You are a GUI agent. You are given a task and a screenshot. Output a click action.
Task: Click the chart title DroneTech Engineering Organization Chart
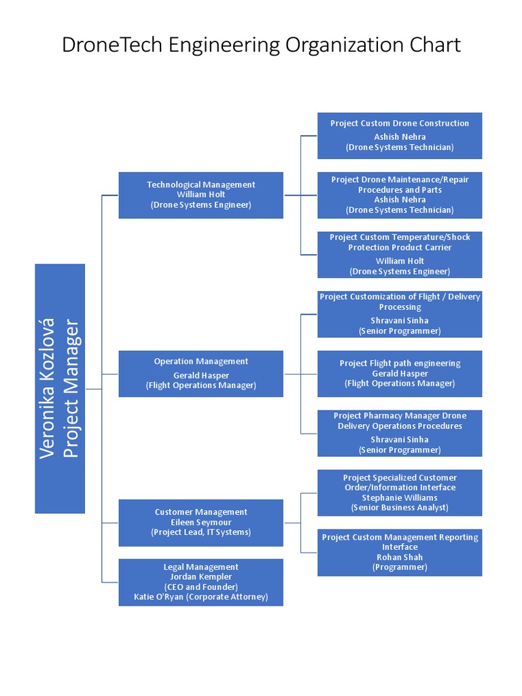coord(261,45)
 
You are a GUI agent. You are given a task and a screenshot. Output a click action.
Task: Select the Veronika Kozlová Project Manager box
coord(60,388)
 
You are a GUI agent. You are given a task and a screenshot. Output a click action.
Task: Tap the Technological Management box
coord(201,195)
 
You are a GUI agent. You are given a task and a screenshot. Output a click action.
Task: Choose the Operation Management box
coord(201,373)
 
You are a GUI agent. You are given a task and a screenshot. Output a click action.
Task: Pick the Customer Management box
coord(201,522)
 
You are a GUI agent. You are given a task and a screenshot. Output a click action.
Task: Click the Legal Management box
coord(201,582)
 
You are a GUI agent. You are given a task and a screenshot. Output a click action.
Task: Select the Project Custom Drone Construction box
coord(400,135)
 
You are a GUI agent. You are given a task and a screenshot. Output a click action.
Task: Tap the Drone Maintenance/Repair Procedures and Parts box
coord(400,195)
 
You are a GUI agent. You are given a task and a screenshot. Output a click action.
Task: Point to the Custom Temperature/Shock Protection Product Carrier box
coord(400,254)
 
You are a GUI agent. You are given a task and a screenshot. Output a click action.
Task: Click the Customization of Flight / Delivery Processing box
coord(400,314)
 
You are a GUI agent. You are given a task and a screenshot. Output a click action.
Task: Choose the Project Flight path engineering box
coord(400,373)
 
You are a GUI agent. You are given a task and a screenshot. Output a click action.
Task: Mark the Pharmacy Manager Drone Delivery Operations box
coord(400,433)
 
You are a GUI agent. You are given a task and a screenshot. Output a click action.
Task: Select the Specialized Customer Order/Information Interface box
coord(400,492)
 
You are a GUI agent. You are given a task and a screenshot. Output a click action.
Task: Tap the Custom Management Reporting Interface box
coord(400,552)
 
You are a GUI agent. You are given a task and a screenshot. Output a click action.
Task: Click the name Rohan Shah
coord(400,557)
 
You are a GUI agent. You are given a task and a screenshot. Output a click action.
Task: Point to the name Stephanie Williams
coord(400,498)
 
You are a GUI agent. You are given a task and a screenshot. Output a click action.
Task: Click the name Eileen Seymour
coord(201,522)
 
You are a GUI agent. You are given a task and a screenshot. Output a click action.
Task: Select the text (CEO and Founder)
coord(201,587)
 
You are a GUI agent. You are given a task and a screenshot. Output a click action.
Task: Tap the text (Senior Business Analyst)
coord(400,508)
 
